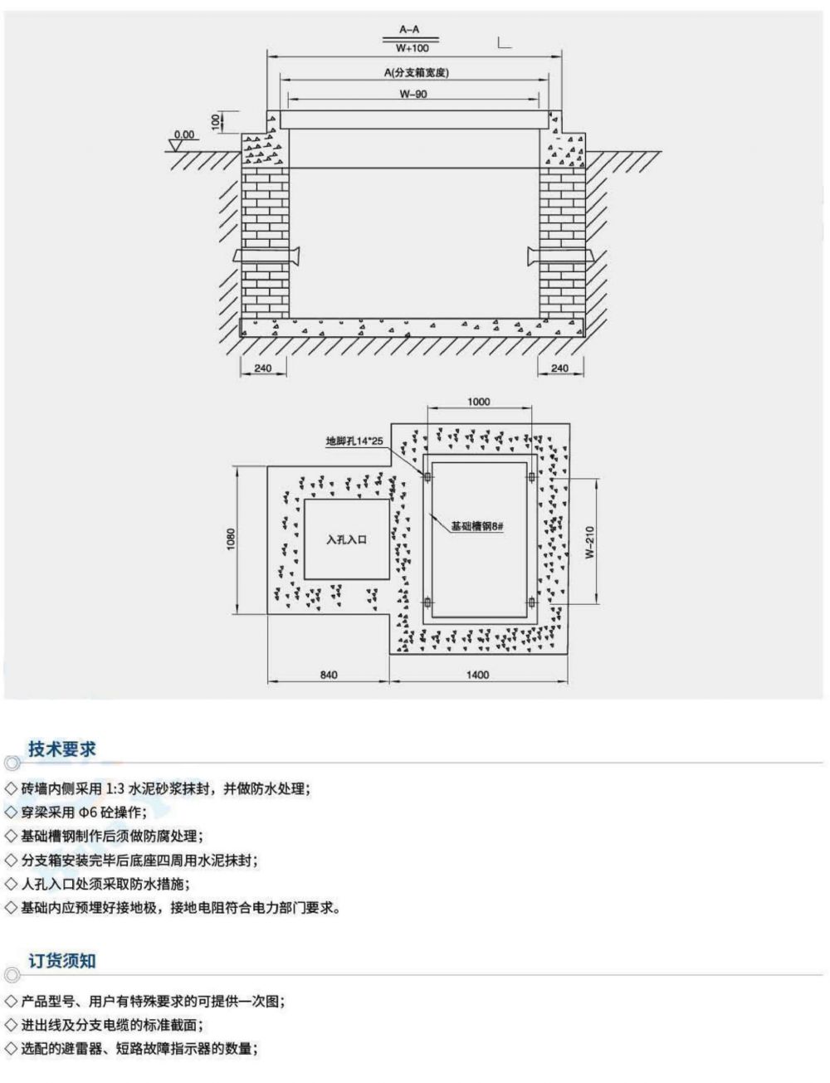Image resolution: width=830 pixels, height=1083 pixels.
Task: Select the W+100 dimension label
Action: coord(411,48)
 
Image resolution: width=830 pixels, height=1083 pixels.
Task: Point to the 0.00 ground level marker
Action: coord(183,134)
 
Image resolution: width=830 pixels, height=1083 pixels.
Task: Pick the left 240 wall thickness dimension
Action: coord(264,368)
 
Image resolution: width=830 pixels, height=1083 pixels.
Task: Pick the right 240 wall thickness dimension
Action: coord(560,368)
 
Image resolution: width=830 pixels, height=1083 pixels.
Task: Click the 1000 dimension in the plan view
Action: coord(479,402)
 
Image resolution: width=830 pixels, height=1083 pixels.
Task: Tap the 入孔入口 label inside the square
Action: coord(346,539)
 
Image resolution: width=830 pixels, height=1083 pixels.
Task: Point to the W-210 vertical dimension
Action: coord(588,540)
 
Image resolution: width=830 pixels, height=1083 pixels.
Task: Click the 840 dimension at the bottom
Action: coord(329,675)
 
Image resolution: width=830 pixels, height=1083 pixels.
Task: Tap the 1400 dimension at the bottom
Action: coord(479,675)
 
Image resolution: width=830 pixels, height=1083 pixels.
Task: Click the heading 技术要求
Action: coord(62,749)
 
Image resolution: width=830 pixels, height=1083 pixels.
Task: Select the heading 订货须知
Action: coord(62,960)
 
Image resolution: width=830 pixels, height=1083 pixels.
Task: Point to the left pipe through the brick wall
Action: coord(264,256)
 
